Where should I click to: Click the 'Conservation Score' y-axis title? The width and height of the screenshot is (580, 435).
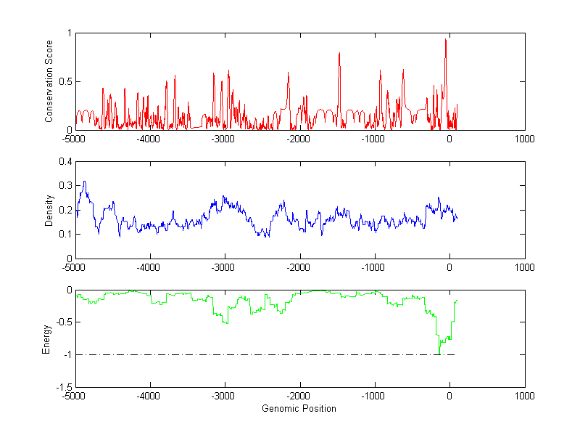(49, 81)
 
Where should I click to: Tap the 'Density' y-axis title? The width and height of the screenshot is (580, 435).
(49, 210)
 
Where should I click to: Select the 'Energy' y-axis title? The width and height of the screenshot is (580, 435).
(46, 338)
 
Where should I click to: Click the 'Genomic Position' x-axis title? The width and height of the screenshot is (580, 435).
(299, 408)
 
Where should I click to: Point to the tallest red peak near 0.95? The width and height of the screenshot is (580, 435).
(445, 39)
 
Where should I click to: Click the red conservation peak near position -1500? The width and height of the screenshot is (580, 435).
(339, 53)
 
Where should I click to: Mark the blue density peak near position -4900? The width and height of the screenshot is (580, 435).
(84, 182)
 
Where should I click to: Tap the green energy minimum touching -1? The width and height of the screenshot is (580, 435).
(439, 354)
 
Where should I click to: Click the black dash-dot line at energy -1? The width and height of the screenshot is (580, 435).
(254, 354)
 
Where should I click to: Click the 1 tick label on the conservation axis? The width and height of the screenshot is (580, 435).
(68, 33)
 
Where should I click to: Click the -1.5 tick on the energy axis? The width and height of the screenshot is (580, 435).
(62, 387)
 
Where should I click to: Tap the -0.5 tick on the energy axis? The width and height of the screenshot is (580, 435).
(62, 322)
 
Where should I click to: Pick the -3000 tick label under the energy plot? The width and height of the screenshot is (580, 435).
(223, 397)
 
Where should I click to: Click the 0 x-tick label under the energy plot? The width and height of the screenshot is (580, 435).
(449, 397)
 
